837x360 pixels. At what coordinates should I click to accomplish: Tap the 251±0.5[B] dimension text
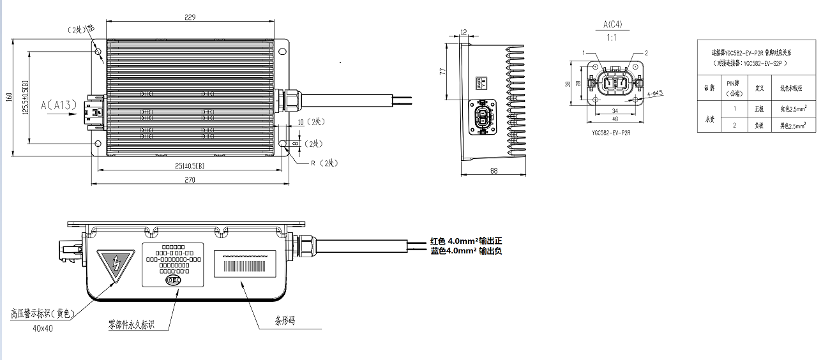(x=189, y=165)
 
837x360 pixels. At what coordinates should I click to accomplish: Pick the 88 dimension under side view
(x=493, y=170)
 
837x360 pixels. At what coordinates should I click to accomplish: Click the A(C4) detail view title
(x=612, y=26)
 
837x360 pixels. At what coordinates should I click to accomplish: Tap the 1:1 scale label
(x=612, y=38)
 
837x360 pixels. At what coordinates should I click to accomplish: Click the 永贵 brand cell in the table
(x=709, y=117)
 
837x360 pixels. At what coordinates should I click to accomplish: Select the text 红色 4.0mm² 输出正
(x=466, y=241)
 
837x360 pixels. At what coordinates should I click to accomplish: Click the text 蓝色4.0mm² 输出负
(x=466, y=251)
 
